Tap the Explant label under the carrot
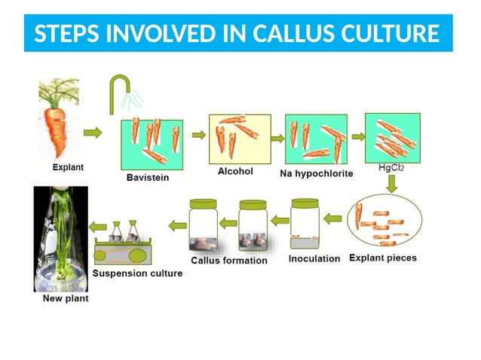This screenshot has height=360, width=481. coord(68,166)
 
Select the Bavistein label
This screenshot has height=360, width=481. coord(147,178)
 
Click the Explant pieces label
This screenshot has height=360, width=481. coord(383,258)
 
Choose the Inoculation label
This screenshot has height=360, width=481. coord(314,259)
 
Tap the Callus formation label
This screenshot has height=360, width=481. coord(229,261)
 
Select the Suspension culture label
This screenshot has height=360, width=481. coord(137,273)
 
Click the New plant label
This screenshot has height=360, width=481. coord(65,298)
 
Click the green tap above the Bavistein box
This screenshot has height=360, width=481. coord(119,92)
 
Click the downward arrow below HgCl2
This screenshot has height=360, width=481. coord(391,184)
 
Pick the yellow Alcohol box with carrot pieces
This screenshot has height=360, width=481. coord(239,139)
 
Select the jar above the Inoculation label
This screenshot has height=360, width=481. coord(305,224)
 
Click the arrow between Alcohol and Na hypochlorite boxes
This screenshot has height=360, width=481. coord(277,138)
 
